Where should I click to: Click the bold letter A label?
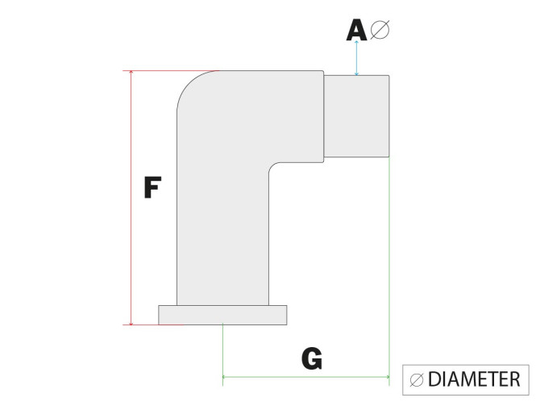point(356,30)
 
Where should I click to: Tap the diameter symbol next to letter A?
point(380,30)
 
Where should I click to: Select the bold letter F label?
point(152,187)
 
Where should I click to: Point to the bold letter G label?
point(312,358)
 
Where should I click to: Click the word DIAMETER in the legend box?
point(474,379)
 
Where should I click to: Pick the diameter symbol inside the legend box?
point(417,380)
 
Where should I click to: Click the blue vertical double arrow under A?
point(356,58)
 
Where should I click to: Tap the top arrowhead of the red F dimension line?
point(131,72)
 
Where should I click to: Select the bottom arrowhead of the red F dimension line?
point(131,323)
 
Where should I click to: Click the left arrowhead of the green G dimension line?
point(224,377)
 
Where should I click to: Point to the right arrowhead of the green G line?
point(388,377)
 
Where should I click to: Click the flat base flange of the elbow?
point(222,315)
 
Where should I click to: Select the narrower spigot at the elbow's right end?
point(356,116)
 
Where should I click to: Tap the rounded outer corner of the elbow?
point(190,84)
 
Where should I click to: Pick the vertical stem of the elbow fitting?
point(222,235)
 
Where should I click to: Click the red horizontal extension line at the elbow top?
point(171,71)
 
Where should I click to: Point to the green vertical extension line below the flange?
point(222,354)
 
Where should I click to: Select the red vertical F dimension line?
point(131,198)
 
